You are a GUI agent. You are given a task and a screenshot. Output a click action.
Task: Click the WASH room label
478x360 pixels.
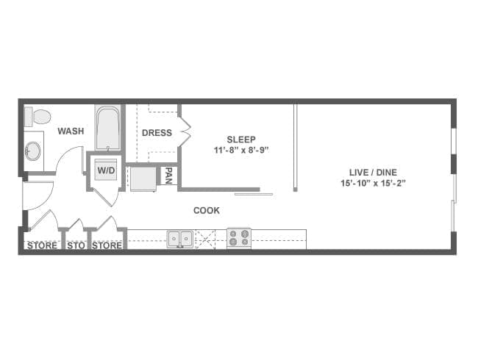pyautogui.click(x=71, y=131)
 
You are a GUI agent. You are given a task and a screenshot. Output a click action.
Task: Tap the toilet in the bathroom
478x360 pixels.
pyautogui.click(x=38, y=116)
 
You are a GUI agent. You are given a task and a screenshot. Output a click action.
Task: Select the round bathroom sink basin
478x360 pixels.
pyautogui.click(x=32, y=151)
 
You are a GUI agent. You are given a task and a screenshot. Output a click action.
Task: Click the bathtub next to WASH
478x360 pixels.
pyautogui.click(x=107, y=128)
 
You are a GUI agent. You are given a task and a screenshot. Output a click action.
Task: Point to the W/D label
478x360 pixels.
pyautogui.click(x=106, y=170)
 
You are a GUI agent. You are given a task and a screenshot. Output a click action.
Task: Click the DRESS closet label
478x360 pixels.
pyautogui.click(x=157, y=133)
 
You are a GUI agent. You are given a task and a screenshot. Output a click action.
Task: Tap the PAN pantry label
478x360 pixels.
pyautogui.click(x=168, y=176)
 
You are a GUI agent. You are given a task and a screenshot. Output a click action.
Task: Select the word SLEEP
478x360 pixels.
pyautogui.click(x=241, y=140)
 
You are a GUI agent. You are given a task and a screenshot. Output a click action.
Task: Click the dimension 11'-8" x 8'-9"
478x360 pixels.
pyautogui.click(x=241, y=150)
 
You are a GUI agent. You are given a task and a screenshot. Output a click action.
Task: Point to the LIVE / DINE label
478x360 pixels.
pyautogui.click(x=373, y=173)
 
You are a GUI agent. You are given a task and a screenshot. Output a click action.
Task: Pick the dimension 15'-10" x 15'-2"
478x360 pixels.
pyautogui.click(x=373, y=184)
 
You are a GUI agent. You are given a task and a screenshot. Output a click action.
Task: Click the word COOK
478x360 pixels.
pyautogui.click(x=207, y=210)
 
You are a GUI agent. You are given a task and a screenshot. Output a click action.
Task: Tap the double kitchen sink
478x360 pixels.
pyautogui.click(x=180, y=239)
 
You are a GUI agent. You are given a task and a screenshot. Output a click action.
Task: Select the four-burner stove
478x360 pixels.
pyautogui.click(x=239, y=238)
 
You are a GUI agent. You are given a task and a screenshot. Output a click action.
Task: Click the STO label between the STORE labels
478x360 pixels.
pyautogui.click(x=76, y=245)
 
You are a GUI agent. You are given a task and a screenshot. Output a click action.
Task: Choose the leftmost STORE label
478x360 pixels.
pyautogui.click(x=42, y=245)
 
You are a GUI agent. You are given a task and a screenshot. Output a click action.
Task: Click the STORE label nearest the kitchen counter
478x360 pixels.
pyautogui.click(x=107, y=245)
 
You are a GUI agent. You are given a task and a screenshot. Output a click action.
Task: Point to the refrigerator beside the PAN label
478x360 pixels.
pyautogui.click(x=143, y=179)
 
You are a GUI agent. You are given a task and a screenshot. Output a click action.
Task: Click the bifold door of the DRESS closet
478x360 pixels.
pyautogui.click(x=185, y=132)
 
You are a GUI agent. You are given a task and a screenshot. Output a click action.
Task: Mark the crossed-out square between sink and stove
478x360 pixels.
pyautogui.click(x=205, y=240)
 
